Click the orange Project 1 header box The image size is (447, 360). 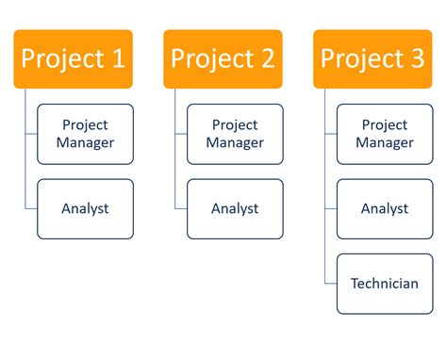point(73,59)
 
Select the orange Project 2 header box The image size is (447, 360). point(223,59)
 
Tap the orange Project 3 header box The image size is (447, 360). point(372,59)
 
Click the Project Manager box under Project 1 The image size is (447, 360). point(85,134)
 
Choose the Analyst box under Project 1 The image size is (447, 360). point(85,208)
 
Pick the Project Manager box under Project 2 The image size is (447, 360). point(235,134)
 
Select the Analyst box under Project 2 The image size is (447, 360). point(235,208)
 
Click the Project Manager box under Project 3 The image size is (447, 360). point(385,134)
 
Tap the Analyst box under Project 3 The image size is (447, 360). point(385,208)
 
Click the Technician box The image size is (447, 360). point(385,283)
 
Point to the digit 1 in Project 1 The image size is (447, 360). point(116,58)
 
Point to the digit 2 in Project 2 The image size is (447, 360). point(266,58)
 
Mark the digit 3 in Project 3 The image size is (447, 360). point(416,58)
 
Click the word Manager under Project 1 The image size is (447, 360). point(85,143)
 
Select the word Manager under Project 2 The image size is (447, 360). point(235,143)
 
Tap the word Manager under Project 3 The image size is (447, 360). point(385,143)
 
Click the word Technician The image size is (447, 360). point(385,283)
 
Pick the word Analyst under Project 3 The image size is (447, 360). point(385,208)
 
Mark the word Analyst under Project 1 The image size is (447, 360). point(85,208)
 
